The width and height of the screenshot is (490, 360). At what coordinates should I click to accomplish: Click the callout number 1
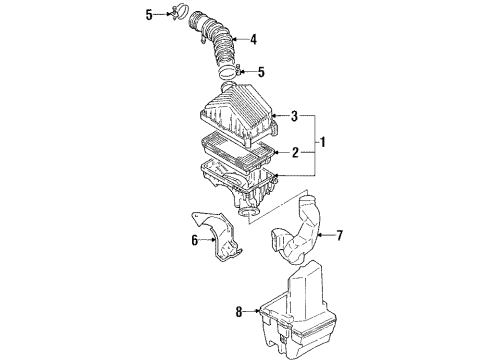(x=322, y=142)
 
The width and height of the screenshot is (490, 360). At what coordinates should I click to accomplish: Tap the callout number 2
(x=295, y=153)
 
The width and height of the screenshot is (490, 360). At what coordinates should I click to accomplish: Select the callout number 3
(x=294, y=116)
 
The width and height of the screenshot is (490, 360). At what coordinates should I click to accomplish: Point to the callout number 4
(x=254, y=40)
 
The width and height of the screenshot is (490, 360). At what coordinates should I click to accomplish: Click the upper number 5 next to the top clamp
(x=149, y=15)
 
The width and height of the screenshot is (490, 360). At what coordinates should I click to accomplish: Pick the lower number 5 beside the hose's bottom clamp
(x=261, y=72)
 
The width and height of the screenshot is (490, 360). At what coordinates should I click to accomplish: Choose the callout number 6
(x=195, y=240)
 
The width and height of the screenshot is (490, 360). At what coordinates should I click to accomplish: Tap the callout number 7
(x=339, y=236)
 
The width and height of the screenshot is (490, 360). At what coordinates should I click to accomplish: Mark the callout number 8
(x=239, y=312)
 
